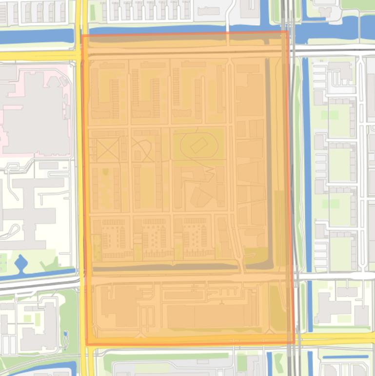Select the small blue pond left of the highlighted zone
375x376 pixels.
point(21,264)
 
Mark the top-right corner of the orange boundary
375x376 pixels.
point(287,32)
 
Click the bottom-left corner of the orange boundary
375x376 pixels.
point(87,344)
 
